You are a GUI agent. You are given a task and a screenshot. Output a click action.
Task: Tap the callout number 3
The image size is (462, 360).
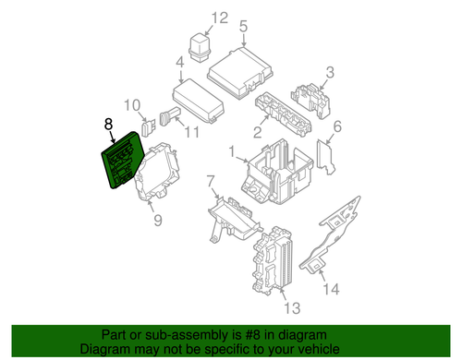pos(328,73)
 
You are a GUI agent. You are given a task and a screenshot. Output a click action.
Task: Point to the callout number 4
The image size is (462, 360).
pos(178,63)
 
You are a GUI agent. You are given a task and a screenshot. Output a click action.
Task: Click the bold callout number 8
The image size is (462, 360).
pos(108,121)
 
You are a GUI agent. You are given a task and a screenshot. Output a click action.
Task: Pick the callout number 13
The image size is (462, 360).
pos(293,306)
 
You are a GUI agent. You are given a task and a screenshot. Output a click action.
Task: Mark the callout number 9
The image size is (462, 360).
pos(157,220)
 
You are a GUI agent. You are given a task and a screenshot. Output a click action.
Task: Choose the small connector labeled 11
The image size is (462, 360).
pos(167,117)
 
